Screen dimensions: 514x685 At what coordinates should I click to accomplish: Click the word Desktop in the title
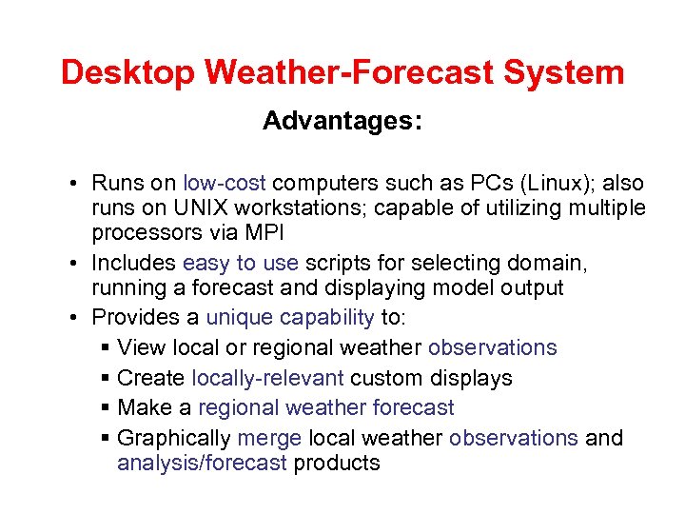point(130,72)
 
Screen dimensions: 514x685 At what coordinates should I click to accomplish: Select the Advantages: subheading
point(342,122)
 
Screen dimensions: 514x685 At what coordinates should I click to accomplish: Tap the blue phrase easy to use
point(241,264)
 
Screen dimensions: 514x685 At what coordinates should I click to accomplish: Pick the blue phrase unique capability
point(290,317)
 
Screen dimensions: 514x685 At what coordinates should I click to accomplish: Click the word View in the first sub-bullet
point(141,347)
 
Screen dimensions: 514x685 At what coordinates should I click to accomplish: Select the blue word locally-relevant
point(268,378)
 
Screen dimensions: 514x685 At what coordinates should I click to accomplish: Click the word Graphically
point(174,438)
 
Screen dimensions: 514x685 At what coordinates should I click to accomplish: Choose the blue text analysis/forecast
point(202,464)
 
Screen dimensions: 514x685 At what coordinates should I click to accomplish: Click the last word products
point(337,464)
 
